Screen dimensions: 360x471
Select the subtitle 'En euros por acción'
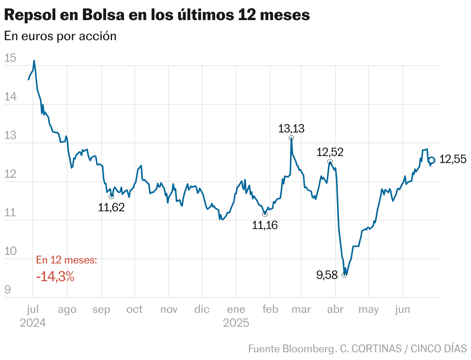pos(60,36)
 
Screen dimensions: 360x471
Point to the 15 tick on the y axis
pos(10,58)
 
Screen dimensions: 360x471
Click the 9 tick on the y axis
pos(8,290)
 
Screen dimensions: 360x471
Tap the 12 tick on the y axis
pos(10,174)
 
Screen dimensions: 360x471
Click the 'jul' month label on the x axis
pos(33,309)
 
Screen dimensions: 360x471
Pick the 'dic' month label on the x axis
pos(202,309)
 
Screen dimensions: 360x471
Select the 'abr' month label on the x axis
pos(335,309)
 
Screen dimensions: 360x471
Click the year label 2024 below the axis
pos(33,323)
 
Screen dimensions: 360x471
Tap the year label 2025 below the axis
pos(236,323)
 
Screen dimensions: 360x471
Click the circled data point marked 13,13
pos(291,138)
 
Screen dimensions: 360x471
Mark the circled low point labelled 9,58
pos(344,275)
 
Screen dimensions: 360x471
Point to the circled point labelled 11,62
pos(112,196)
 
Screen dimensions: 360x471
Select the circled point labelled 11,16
pos(265,214)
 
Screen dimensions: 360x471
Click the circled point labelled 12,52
pos(330,161)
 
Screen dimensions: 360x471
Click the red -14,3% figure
pos(55,277)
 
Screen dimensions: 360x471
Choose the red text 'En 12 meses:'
pos(66,260)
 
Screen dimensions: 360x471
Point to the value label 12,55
pos(453,159)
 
